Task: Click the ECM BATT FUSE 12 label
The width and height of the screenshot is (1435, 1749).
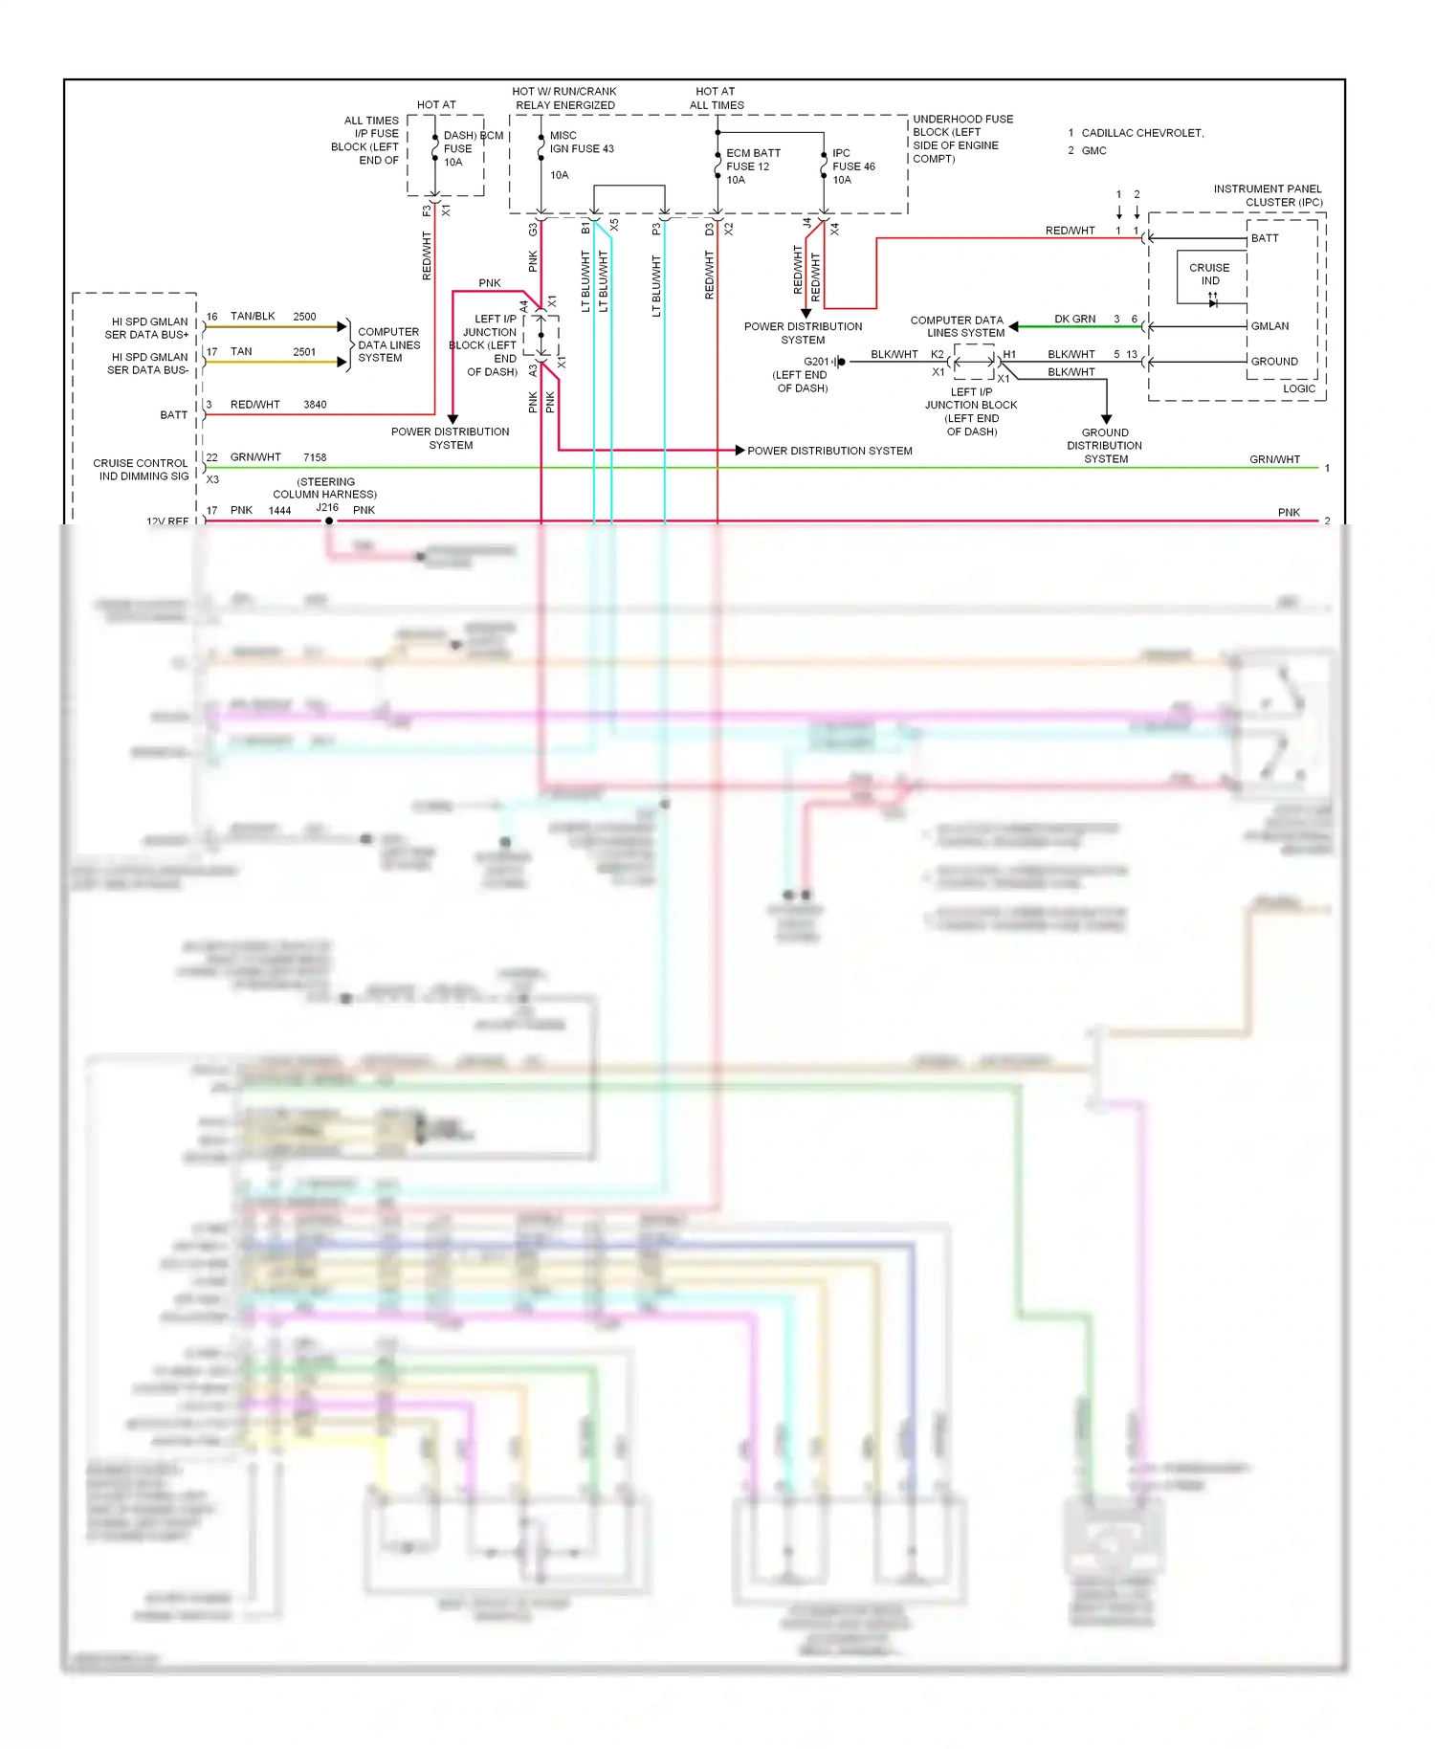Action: coord(752,166)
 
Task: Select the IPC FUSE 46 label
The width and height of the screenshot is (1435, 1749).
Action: coord(852,166)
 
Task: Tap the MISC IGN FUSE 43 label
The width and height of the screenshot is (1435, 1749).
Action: coord(581,143)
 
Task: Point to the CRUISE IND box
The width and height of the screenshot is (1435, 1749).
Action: coord(1210,276)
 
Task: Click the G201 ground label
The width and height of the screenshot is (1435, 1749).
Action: coord(816,362)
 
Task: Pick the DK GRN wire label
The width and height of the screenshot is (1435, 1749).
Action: coord(1074,320)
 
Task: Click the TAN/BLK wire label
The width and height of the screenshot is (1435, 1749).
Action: coord(253,317)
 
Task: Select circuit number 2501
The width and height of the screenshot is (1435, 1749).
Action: coord(304,352)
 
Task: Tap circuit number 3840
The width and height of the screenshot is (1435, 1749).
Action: coord(315,405)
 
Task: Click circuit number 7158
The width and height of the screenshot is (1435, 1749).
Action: coord(315,457)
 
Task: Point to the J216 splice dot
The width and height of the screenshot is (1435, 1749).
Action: coord(329,521)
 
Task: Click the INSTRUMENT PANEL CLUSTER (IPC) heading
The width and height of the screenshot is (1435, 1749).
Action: coord(1268,195)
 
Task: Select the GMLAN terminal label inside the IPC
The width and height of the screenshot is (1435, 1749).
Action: coord(1269,326)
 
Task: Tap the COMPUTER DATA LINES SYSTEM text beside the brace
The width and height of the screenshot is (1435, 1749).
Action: coord(388,345)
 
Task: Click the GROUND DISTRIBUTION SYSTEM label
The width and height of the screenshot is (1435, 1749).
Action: coord(1105,446)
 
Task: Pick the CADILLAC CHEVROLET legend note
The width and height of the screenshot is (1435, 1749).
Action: coord(1141,133)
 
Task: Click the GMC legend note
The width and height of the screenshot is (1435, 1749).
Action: coord(1093,151)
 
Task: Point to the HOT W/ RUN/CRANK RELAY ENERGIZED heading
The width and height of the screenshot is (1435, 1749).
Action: coord(564,99)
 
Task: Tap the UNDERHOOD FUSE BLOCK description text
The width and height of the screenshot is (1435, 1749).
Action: coord(961,139)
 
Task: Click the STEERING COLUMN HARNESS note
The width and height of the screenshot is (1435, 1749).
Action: coord(325,488)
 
